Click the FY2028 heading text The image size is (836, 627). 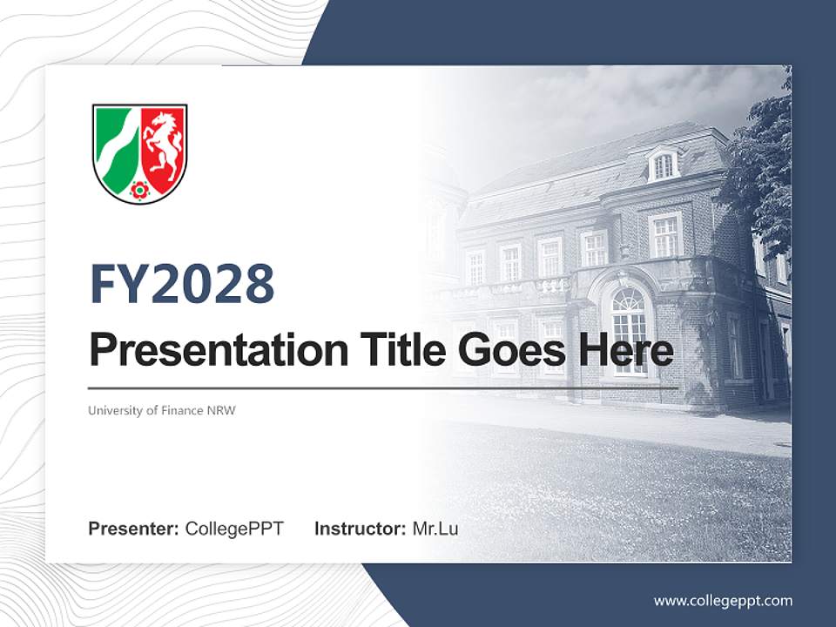[182, 284]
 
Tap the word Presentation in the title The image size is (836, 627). [218, 351]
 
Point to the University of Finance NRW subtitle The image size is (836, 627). [162, 410]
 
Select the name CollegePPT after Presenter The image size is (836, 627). [234, 529]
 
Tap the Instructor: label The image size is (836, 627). [360, 529]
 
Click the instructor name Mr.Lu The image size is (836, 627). [435, 529]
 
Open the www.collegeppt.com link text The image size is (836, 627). [723, 600]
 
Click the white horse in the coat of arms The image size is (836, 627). [163, 143]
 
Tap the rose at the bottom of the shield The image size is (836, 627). [139, 189]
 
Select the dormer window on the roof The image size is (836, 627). [664, 165]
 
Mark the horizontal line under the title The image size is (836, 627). [383, 388]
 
